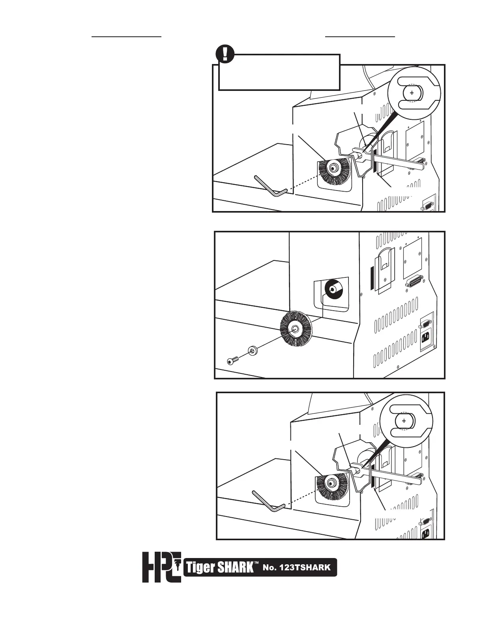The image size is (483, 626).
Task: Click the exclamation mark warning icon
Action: [226, 54]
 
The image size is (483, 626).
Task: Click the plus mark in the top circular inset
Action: [412, 93]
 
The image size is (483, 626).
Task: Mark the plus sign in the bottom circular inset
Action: [404, 421]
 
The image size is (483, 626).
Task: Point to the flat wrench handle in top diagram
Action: [399, 162]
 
